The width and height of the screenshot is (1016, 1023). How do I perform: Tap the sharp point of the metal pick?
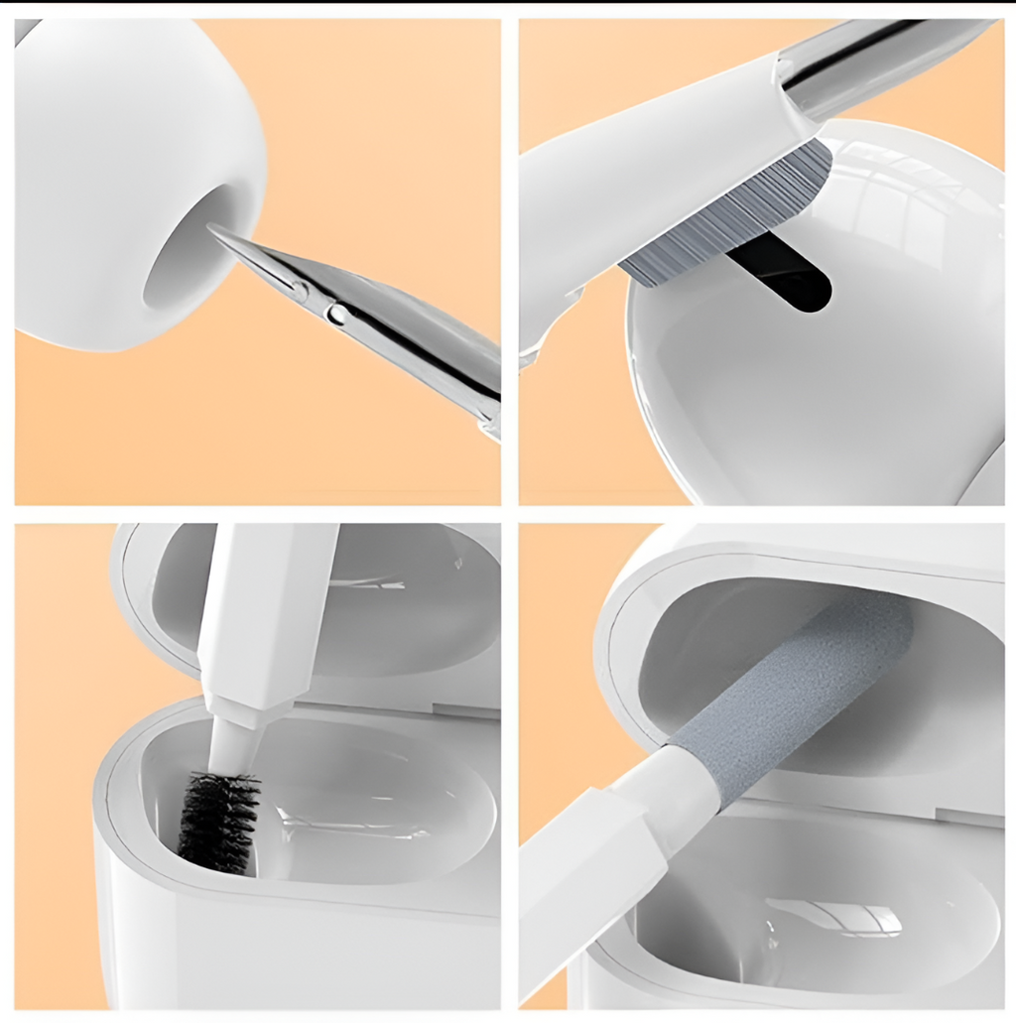(212, 229)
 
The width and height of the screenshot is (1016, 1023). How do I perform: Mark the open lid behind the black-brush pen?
(417, 605)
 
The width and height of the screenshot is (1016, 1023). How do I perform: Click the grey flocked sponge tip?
(794, 695)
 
